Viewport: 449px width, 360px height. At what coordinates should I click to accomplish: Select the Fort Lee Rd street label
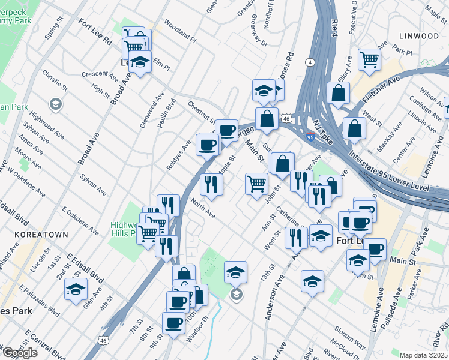click(95, 32)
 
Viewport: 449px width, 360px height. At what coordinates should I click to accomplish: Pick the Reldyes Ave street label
click(178, 155)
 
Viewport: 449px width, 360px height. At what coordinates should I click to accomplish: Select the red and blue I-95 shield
click(310, 137)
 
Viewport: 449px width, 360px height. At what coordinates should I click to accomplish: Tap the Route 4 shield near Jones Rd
click(310, 62)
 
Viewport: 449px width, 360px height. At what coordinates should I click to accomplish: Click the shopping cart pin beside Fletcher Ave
click(369, 59)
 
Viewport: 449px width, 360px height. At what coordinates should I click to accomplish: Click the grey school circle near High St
click(56, 105)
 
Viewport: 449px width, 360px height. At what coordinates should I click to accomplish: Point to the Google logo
click(20, 353)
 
